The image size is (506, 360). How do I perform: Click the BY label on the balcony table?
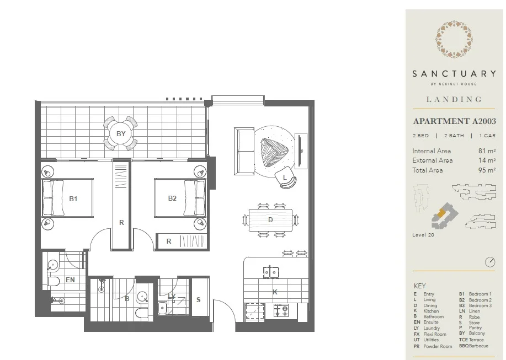click(x=121, y=133)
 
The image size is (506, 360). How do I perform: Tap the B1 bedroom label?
click(x=72, y=198)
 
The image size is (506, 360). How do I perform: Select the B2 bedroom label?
click(x=172, y=198)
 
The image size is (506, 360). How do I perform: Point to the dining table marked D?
click(x=270, y=220)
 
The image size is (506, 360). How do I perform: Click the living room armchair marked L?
click(x=287, y=178)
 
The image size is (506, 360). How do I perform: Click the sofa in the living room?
click(x=243, y=149)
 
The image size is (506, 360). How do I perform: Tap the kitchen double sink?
click(x=270, y=272)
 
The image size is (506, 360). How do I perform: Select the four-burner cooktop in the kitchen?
click(x=281, y=310)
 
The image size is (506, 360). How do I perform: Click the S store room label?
click(x=199, y=299)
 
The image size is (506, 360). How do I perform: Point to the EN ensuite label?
click(x=70, y=280)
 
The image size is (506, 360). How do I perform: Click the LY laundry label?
click(x=172, y=297)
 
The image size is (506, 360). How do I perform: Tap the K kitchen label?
click(x=275, y=292)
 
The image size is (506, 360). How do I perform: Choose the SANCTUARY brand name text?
click(x=454, y=73)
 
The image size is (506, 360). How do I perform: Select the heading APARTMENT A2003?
click(x=454, y=121)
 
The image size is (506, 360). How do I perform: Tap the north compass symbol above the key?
click(x=489, y=262)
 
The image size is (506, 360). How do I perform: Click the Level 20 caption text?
click(x=423, y=235)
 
